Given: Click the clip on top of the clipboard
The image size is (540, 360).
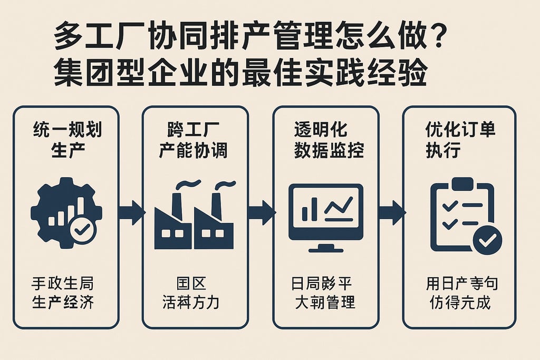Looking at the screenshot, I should (x=462, y=183).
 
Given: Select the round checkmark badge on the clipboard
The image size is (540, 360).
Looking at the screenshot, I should (x=487, y=240).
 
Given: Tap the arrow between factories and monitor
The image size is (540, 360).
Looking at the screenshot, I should (x=261, y=212).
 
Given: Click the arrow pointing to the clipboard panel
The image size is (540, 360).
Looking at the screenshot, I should (x=391, y=212).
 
